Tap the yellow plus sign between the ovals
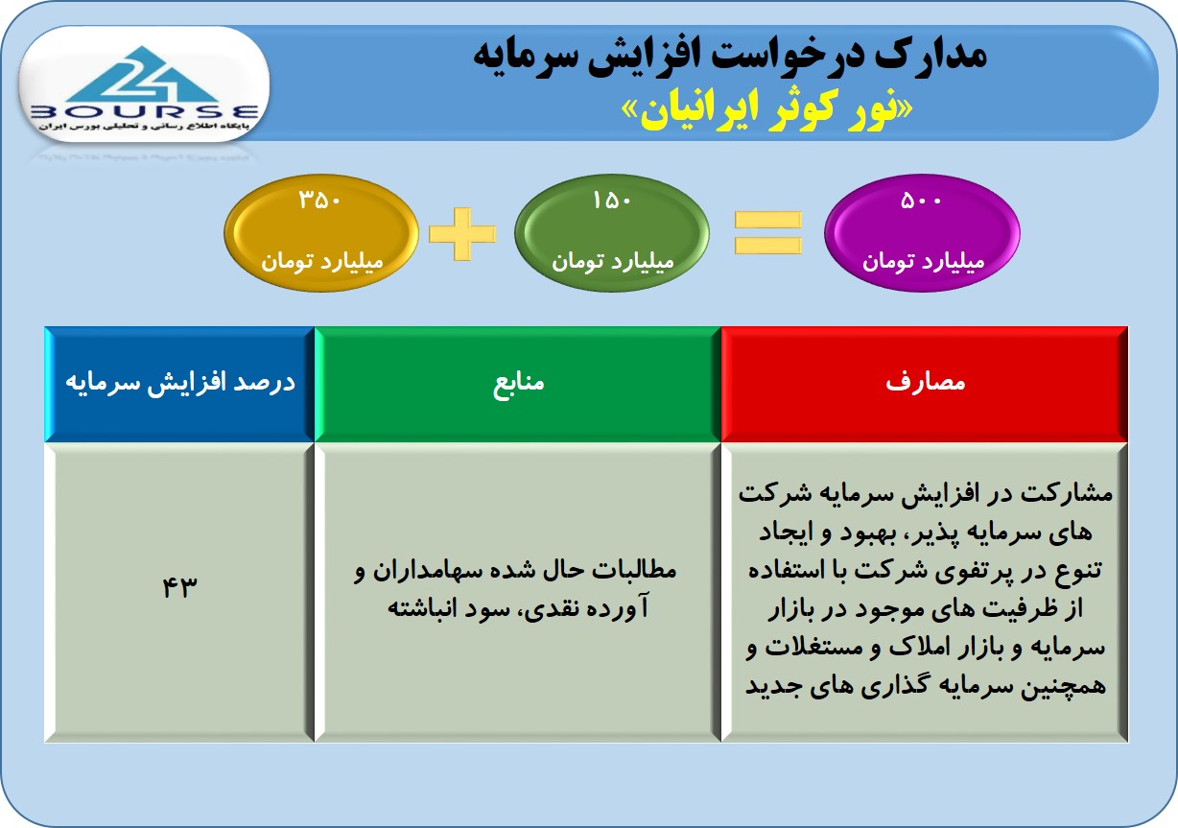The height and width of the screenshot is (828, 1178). (x=462, y=234)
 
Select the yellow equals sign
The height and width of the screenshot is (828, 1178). (x=767, y=233)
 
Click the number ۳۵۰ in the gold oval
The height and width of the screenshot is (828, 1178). (x=320, y=200)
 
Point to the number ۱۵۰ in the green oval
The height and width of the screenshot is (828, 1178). (x=612, y=201)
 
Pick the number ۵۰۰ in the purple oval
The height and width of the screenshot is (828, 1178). (x=921, y=201)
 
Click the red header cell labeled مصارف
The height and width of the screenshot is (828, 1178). (x=925, y=384)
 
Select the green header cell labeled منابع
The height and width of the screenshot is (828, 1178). (x=518, y=384)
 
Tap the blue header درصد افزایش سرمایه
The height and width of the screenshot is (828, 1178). (x=179, y=384)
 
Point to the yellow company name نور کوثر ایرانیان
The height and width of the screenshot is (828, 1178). (x=767, y=111)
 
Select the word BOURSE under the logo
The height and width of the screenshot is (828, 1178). (x=145, y=112)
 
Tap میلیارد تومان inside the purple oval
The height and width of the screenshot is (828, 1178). (x=923, y=261)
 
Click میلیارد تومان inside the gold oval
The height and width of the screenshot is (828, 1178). (x=322, y=261)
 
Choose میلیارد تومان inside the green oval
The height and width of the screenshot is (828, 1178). (x=613, y=261)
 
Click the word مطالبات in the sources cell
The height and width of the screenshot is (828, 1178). (x=634, y=571)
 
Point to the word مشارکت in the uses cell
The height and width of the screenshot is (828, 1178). (x=1074, y=494)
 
